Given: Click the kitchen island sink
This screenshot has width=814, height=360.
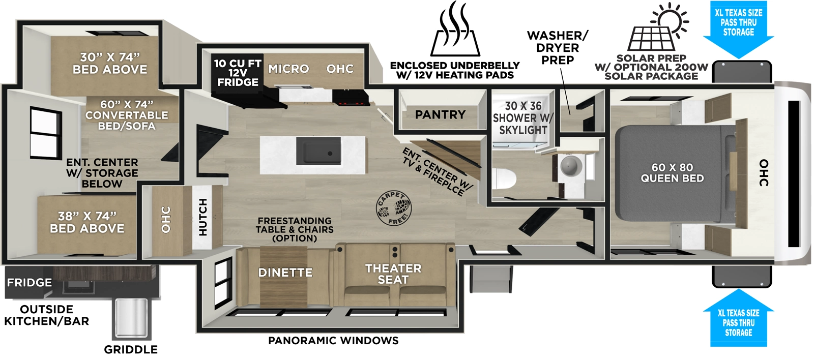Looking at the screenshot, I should [x=318, y=151].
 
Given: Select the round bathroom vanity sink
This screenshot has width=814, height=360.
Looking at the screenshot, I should [x=570, y=165].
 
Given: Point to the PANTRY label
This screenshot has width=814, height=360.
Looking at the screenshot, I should [x=440, y=115].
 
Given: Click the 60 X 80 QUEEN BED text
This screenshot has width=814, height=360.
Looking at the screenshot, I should [x=672, y=173].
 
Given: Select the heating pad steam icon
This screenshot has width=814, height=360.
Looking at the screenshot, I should [x=456, y=29].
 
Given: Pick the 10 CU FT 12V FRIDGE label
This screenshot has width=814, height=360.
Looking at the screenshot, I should [x=237, y=73].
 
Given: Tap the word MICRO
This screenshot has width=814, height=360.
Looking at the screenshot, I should [x=288, y=69].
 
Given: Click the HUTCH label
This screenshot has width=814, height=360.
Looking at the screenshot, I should [x=203, y=217].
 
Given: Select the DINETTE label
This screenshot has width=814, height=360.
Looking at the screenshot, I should [x=285, y=273].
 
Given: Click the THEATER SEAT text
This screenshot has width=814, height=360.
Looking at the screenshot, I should [x=393, y=274].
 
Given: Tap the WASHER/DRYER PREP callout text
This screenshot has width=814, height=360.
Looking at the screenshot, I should [x=557, y=48].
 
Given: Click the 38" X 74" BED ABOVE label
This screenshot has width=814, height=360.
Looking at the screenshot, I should [x=87, y=223].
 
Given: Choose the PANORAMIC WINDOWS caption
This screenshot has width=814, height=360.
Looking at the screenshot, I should [x=333, y=341].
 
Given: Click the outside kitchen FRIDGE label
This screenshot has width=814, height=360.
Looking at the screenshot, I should [x=29, y=283].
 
